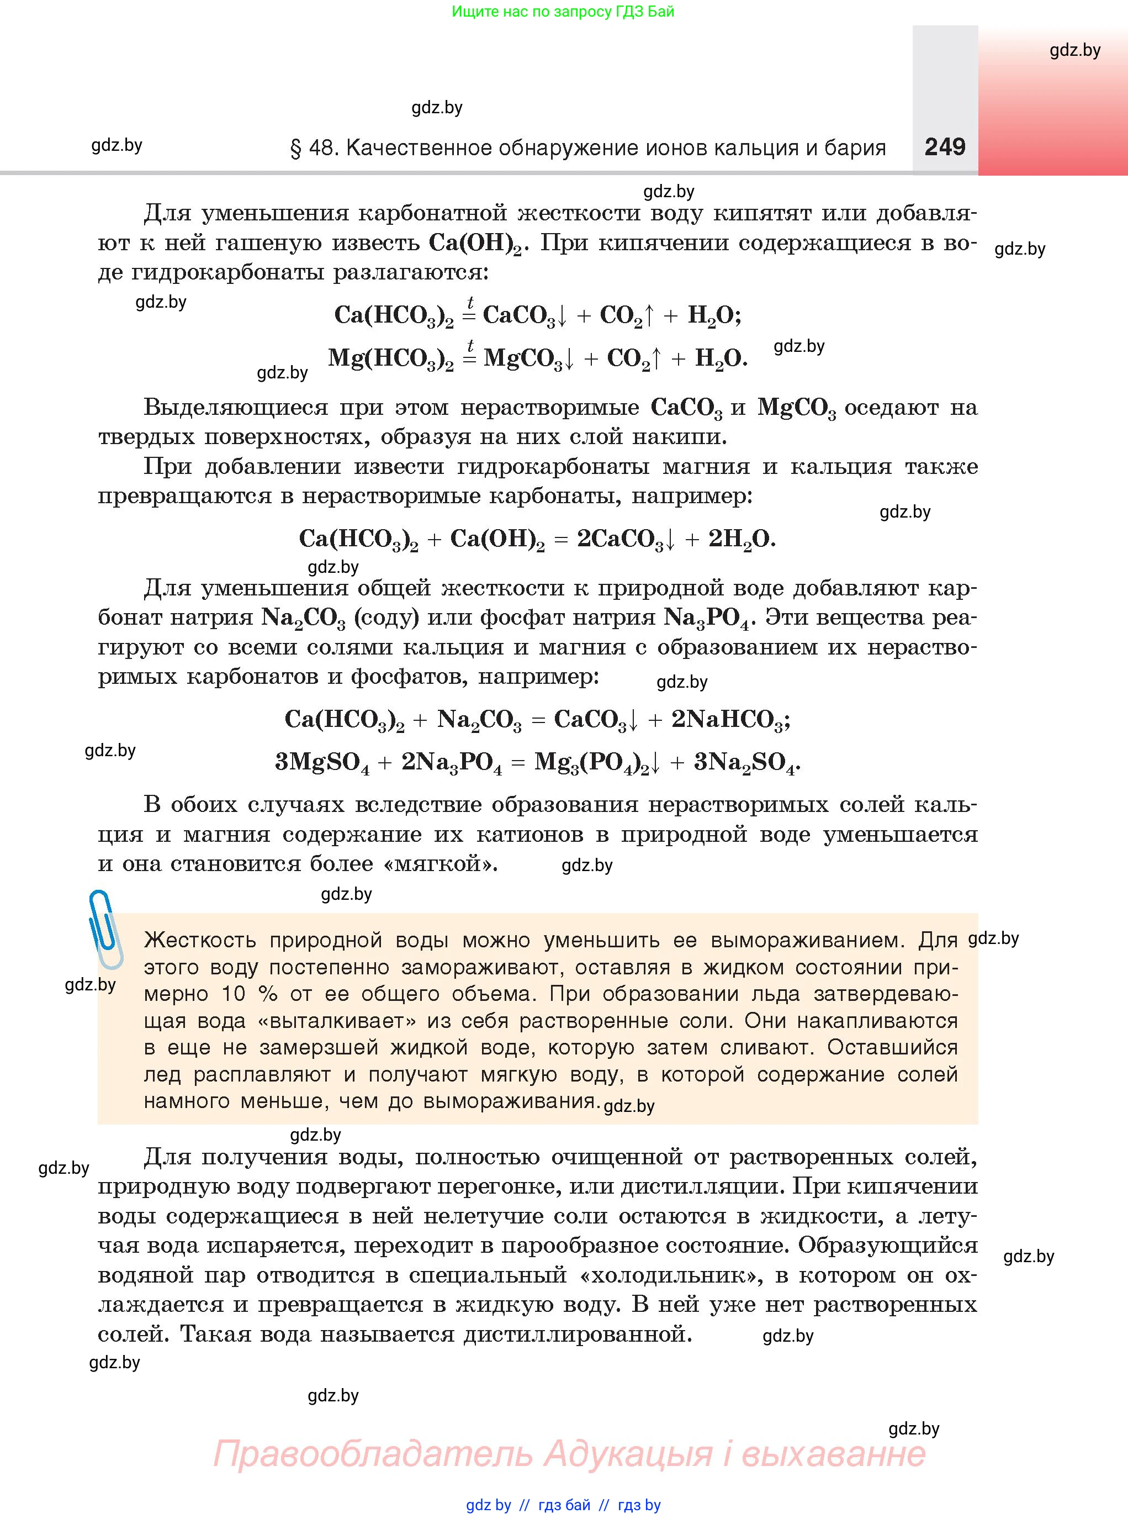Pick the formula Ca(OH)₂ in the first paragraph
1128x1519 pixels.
[475, 244]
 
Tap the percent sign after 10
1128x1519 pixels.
[268, 994]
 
